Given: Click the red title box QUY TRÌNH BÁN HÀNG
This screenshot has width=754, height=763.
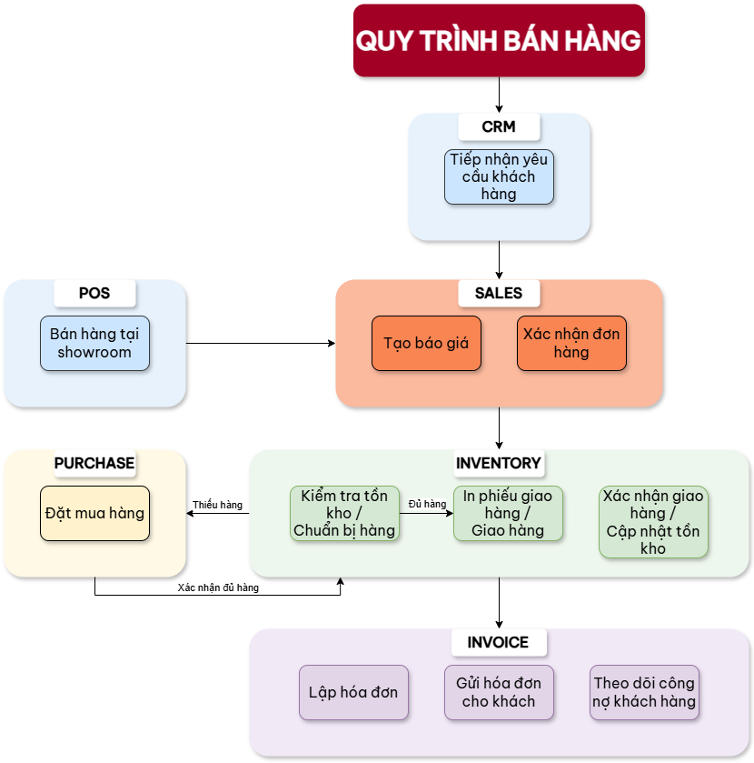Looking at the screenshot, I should pyautogui.click(x=499, y=41).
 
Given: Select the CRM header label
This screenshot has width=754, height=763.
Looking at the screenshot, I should pyautogui.click(x=499, y=126).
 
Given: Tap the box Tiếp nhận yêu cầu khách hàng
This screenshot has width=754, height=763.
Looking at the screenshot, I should pyautogui.click(x=499, y=176).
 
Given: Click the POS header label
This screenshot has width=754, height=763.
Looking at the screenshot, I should pyautogui.click(x=94, y=293).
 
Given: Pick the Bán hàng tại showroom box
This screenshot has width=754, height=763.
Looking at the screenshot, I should pyautogui.click(x=94, y=343).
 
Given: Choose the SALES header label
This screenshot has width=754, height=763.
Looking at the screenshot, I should pyautogui.click(x=499, y=293).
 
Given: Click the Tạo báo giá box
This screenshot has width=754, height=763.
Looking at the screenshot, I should pyautogui.click(x=426, y=343).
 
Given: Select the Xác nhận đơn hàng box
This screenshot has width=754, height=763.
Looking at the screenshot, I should pyautogui.click(x=571, y=343).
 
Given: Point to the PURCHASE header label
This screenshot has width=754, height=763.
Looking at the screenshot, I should pyautogui.click(x=94, y=463).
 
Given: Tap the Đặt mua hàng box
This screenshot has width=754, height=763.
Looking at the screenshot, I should pyautogui.click(x=94, y=513).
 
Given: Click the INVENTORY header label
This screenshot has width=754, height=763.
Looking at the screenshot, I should pyautogui.click(x=499, y=463).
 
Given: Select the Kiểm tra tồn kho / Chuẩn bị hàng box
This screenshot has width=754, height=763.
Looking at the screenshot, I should pyautogui.click(x=344, y=513).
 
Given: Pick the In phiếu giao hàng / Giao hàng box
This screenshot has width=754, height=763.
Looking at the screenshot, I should pyautogui.click(x=508, y=513).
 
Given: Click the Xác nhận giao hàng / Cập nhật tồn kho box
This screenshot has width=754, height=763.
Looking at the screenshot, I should pyautogui.click(x=653, y=522).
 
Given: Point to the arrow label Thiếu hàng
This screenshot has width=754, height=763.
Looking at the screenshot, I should pyautogui.click(x=218, y=505).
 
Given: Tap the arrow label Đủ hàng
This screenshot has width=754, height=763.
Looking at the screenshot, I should pyautogui.click(x=427, y=504).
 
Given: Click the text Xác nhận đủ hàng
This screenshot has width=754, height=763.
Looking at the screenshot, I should pyautogui.click(x=218, y=588).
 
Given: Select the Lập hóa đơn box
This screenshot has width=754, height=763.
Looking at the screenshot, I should pyautogui.click(x=353, y=692).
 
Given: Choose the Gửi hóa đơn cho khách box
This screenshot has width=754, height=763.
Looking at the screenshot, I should pyautogui.click(x=499, y=692).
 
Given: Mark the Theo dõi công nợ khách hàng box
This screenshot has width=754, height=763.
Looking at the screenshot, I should pyautogui.click(x=644, y=692).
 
